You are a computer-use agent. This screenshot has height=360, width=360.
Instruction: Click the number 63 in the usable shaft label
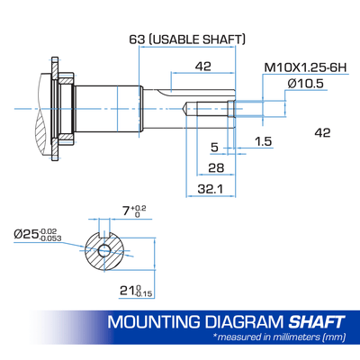pos(137,40)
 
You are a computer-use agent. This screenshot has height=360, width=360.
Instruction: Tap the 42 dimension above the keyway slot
pos(203,66)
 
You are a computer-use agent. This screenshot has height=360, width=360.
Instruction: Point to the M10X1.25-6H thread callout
pos(305,67)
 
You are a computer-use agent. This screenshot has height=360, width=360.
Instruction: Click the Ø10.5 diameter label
pos(305,84)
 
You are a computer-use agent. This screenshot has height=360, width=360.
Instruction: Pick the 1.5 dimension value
pos(263,141)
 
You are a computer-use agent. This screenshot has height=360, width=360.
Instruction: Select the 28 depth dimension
pos(216,167)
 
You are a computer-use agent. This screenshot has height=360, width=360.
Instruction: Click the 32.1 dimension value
pos(211,189)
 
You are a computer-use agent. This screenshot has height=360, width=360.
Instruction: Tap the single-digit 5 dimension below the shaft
pos(215,148)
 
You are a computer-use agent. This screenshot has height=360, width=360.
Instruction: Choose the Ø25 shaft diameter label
pos(38,234)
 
